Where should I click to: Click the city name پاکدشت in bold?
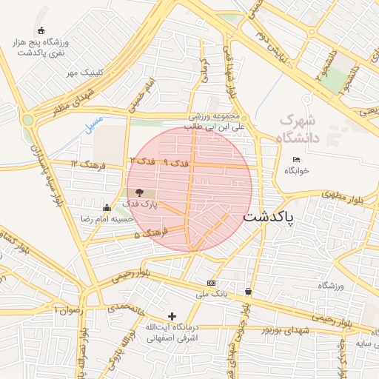pos(269,217)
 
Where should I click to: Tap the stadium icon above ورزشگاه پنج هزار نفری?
pos(40,31)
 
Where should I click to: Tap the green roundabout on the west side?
pos(28,119)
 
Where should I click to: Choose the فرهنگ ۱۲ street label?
pos(84,163)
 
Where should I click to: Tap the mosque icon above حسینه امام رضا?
pos(107,207)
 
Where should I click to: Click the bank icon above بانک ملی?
pos(212,283)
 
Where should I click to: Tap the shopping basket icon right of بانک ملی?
pos(248,292)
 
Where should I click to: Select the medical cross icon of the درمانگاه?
pos(172,316)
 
